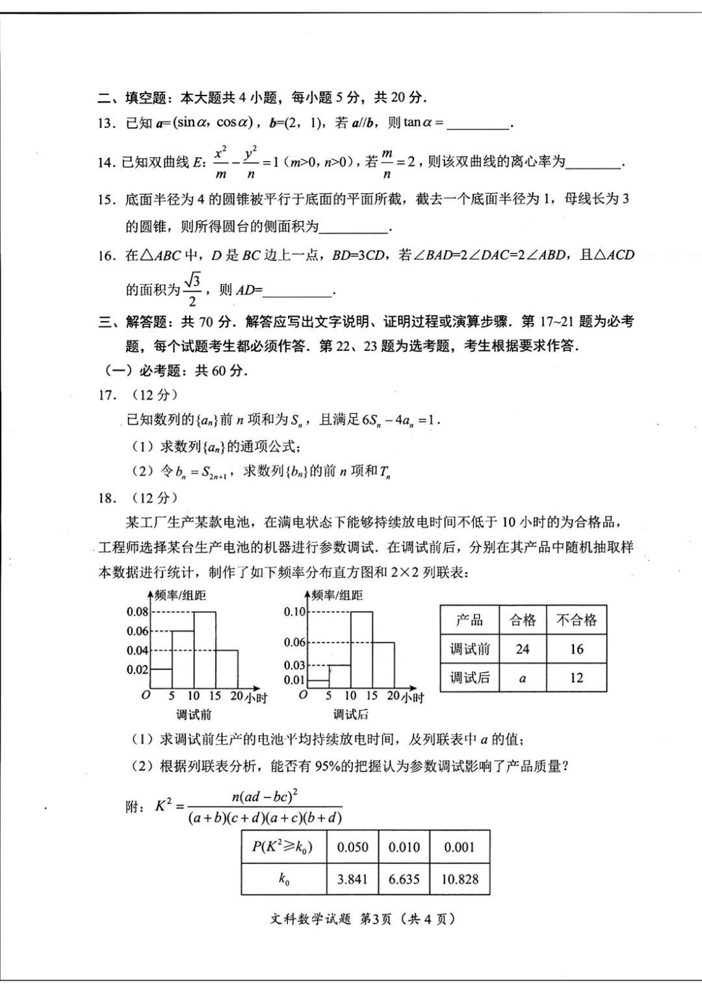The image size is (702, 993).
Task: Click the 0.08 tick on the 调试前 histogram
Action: coord(137,612)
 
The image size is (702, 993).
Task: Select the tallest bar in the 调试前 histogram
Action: coord(205,650)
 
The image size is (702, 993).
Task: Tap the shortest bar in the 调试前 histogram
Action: coord(161,679)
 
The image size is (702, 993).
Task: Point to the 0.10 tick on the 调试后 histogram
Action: coord(294,612)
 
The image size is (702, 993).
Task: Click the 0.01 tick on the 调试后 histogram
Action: coord(294,680)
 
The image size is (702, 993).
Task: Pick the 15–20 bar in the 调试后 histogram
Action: coord(383,665)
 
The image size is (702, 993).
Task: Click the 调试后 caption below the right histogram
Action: coord(350,715)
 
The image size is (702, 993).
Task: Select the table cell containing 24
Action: coord(523,649)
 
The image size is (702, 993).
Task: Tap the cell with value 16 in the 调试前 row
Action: coord(577,649)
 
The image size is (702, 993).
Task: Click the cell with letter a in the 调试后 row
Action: coord(523,678)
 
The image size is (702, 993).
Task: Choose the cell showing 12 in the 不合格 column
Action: coord(577,678)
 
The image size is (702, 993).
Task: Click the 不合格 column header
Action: coord(577,620)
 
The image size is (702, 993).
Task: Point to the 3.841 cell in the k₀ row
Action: coord(352,879)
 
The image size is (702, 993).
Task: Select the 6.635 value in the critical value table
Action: coord(404,879)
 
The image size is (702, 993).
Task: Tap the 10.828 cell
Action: coord(460,879)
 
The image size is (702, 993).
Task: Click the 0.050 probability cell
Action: coord(352,847)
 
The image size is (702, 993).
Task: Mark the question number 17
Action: coord(107,395)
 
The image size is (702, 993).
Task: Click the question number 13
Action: coord(107,123)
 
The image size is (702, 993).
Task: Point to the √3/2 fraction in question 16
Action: coord(192,290)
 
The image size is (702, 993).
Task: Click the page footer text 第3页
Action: coord(376,919)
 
